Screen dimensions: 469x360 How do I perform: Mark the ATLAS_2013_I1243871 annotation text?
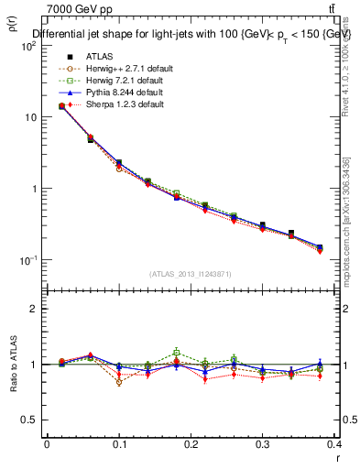click(x=191, y=274)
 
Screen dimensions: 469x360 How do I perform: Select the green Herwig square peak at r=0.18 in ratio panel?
click(x=177, y=352)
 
